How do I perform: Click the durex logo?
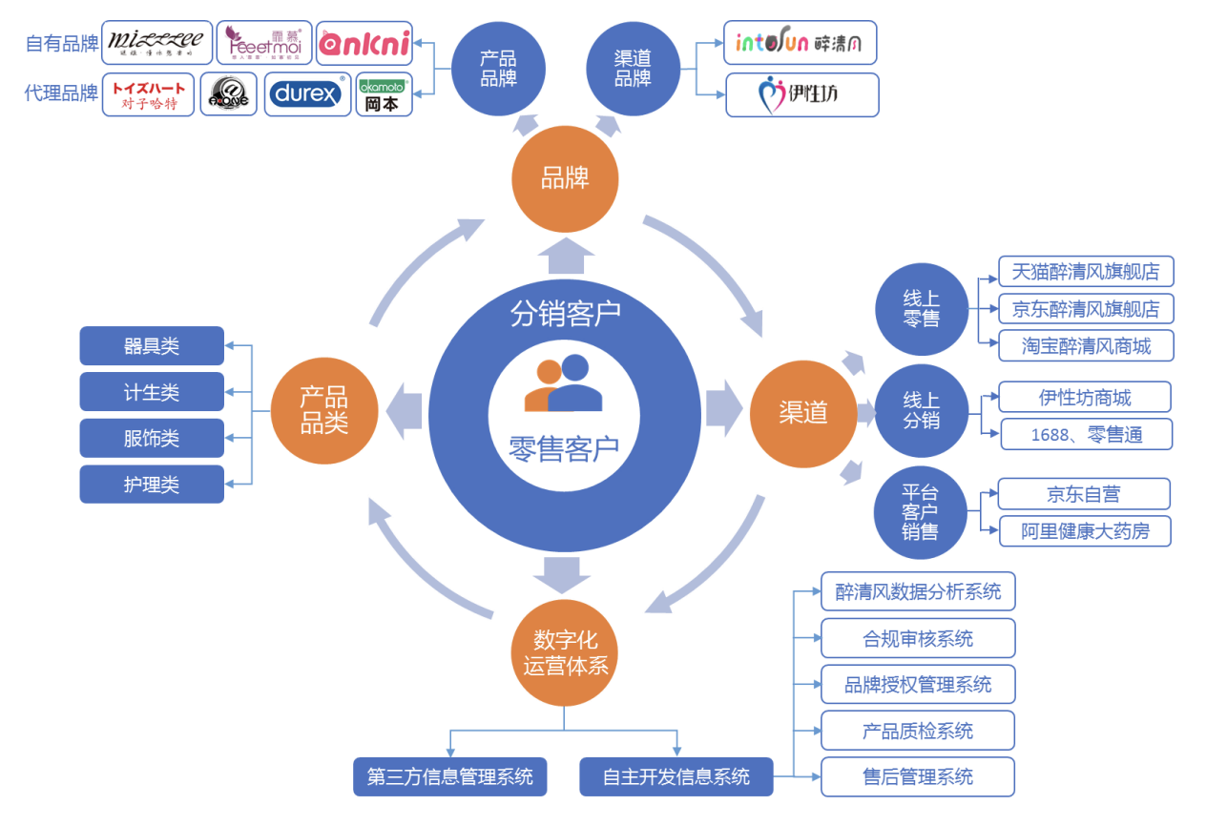click(307, 94)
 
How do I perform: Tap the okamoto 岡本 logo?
click(384, 94)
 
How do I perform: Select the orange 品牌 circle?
click(565, 178)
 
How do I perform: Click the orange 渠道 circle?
click(803, 412)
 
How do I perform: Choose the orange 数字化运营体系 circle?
click(565, 652)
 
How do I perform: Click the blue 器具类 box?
click(152, 346)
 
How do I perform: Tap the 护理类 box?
click(152, 485)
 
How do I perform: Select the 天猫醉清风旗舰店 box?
click(1086, 272)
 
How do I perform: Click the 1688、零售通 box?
click(1086, 435)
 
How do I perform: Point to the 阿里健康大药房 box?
click(1085, 531)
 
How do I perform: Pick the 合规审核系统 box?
click(918, 638)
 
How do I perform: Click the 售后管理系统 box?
click(918, 776)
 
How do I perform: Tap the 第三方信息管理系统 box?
click(450, 776)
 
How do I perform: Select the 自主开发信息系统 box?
click(676, 776)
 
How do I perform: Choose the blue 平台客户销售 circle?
click(920, 512)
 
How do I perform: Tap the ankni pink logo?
click(364, 44)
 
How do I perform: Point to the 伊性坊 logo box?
click(801, 94)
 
